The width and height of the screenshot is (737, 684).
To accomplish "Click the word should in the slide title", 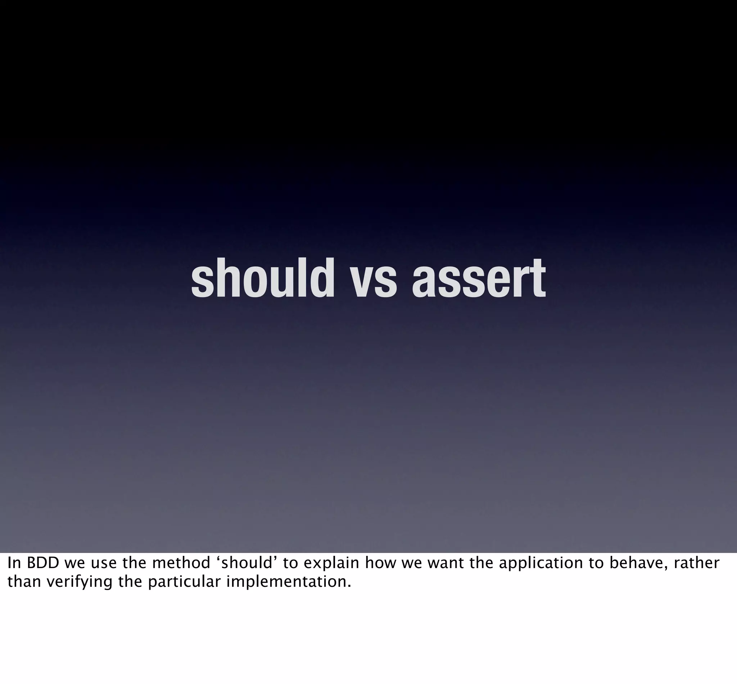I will click(x=262, y=278).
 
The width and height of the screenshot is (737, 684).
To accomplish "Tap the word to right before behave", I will click(x=596, y=563).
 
